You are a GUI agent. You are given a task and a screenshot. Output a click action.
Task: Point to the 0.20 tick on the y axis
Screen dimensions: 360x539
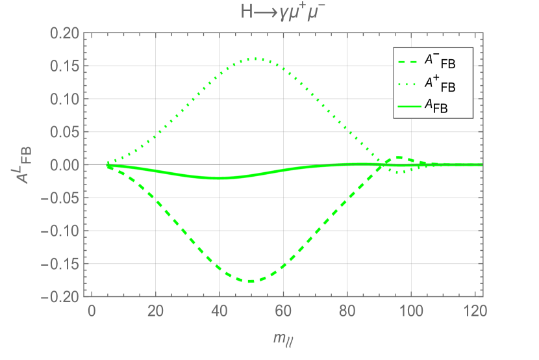pos(64,33)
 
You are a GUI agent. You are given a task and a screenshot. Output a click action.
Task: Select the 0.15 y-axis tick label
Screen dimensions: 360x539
pos(64,66)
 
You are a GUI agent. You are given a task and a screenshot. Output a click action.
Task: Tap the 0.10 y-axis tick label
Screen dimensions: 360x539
pos(64,99)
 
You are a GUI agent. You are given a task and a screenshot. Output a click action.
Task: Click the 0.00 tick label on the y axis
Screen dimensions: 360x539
pos(64,165)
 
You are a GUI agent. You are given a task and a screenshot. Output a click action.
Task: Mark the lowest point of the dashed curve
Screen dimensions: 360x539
pos(250,281)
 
